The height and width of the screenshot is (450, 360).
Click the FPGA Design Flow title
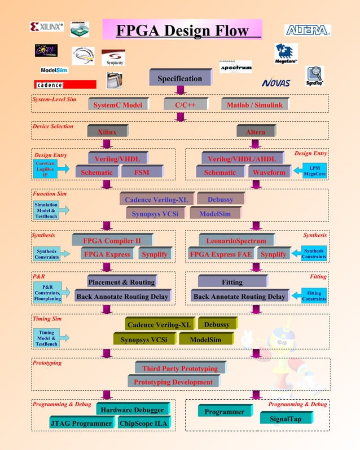pyautogui.click(x=182, y=30)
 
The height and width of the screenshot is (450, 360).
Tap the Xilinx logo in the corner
pyautogui.click(x=47, y=26)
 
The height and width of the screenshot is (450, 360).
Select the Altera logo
pyautogui.click(x=308, y=30)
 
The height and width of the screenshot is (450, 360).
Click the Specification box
pyautogui.click(x=179, y=78)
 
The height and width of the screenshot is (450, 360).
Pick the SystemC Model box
pyautogui.click(x=118, y=105)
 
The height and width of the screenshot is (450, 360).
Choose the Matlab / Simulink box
pyautogui.click(x=254, y=105)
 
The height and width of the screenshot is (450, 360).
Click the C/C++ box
pyautogui.click(x=181, y=105)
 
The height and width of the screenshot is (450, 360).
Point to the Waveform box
pyautogui.click(x=269, y=172)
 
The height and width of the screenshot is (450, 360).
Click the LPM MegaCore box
pyautogui.click(x=314, y=170)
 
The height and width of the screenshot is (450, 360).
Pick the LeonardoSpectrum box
pyautogui.click(x=236, y=241)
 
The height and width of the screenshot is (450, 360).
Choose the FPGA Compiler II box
pyautogui.click(x=112, y=241)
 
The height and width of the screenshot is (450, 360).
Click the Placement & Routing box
pyautogui.click(x=121, y=282)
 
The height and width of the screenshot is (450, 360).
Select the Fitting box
pyautogui.click(x=232, y=282)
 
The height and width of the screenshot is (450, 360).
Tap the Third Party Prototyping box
pyautogui.click(x=179, y=368)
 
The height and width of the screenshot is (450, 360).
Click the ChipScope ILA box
pyautogui.click(x=145, y=423)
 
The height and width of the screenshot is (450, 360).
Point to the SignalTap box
pyautogui.click(x=285, y=418)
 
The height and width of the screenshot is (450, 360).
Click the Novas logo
pyautogui.click(x=275, y=83)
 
